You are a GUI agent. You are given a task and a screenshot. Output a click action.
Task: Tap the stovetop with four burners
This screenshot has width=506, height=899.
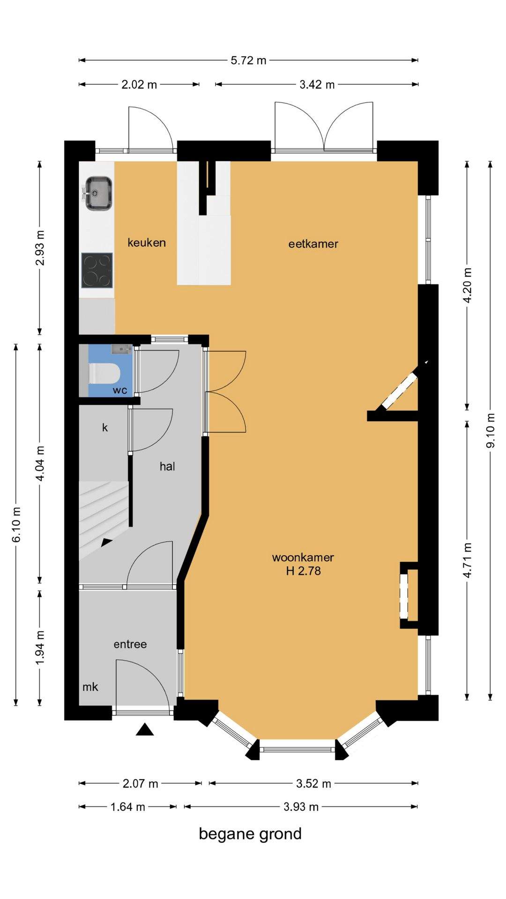pos(97,271)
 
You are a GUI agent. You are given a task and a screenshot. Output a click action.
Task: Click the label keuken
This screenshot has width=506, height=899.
pos(147,243)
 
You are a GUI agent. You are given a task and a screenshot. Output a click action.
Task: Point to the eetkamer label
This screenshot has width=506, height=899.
pos(313,243)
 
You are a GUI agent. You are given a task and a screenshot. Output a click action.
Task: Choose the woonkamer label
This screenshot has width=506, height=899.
pos(303,557)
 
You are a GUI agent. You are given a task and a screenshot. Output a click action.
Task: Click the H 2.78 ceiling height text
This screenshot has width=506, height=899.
pos(304,571)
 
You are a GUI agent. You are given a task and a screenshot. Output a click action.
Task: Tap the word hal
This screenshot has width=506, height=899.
pos(167,466)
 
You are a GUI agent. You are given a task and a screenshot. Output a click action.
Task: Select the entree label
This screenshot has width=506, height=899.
pos(130,644)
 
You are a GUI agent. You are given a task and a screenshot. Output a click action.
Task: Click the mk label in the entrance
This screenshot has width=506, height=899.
pos(90,686)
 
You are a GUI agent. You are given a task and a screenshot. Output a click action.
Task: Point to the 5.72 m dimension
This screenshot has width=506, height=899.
pos(248,60)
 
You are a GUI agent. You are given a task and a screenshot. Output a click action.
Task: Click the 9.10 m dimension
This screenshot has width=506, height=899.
pos(491,430)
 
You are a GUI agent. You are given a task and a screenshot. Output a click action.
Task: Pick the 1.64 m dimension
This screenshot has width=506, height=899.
pos(127,807)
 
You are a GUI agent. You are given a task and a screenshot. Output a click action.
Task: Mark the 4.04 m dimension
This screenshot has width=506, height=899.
pos(40,464)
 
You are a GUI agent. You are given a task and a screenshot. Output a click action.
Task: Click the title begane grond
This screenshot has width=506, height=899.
pos(250,834)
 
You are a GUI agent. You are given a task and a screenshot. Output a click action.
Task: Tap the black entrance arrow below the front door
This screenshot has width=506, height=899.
pos(145,730)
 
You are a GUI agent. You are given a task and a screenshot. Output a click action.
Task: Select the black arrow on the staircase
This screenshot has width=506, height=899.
pos(107,542)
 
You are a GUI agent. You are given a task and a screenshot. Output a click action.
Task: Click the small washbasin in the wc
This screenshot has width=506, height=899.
pos(122,349)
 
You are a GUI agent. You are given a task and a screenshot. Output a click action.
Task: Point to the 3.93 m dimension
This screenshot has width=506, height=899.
pos(301,807)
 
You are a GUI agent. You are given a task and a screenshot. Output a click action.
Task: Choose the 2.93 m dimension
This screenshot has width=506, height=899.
pos(40,248)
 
